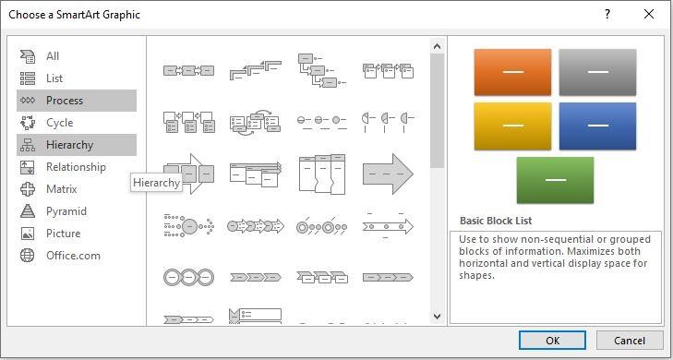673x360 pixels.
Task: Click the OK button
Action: pos(552,341)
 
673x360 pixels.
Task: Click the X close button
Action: pos(649,14)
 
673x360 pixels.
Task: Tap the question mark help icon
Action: pos(607,14)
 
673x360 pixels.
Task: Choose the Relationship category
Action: pos(77,167)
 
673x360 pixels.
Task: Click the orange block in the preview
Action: pos(512,72)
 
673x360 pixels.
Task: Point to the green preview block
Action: pos(555,180)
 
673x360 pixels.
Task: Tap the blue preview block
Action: pos(597,126)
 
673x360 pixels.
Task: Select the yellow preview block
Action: pos(512,126)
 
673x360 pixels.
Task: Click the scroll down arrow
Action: pos(437,317)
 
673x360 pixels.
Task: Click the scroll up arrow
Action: pos(437,46)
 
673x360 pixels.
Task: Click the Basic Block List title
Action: pos(496,221)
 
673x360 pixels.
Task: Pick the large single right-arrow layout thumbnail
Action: pos(388,174)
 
